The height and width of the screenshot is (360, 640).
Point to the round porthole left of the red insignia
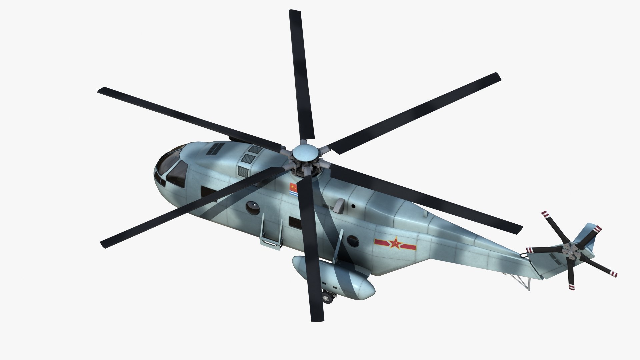coord(353,241)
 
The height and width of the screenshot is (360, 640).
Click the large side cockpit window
coord(177,174)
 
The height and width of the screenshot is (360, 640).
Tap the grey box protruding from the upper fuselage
coord(339,205)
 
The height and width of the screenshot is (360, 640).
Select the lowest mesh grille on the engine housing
coord(243,172)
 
